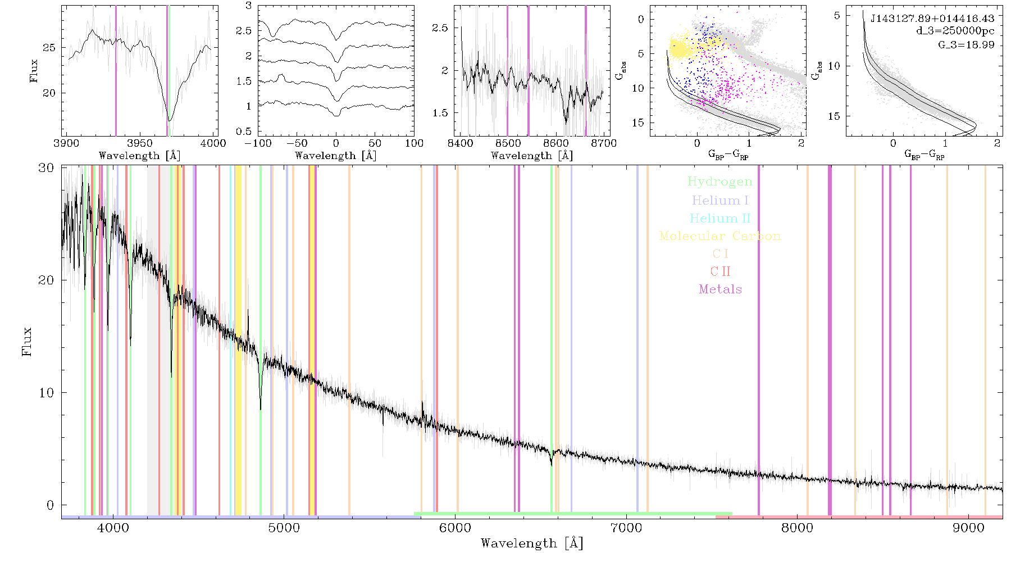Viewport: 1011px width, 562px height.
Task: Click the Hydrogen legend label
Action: pos(719,182)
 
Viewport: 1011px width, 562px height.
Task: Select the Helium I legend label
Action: pos(720,200)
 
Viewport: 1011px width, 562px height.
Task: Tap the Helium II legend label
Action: pos(720,218)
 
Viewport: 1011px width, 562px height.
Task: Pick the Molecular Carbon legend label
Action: pos(720,236)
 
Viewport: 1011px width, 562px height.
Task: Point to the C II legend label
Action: pos(720,271)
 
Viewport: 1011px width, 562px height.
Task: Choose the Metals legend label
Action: pos(720,289)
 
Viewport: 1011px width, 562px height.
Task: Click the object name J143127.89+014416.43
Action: pos(932,19)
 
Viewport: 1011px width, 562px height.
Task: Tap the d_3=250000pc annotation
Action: pos(955,31)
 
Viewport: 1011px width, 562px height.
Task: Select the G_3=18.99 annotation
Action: pos(966,45)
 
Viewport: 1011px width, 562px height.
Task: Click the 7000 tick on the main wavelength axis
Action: pos(626,528)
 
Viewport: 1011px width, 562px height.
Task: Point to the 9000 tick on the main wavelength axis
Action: pos(968,528)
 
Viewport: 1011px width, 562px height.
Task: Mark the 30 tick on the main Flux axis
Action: pos(47,168)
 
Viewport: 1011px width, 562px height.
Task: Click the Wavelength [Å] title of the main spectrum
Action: pos(531,543)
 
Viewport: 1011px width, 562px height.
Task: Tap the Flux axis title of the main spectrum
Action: pos(26,341)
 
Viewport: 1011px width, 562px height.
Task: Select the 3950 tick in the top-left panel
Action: pos(139,143)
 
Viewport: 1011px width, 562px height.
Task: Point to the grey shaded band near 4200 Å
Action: pos(152,341)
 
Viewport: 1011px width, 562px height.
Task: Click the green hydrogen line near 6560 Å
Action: pos(551,341)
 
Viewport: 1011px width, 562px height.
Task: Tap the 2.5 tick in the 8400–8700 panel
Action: pos(440,28)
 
